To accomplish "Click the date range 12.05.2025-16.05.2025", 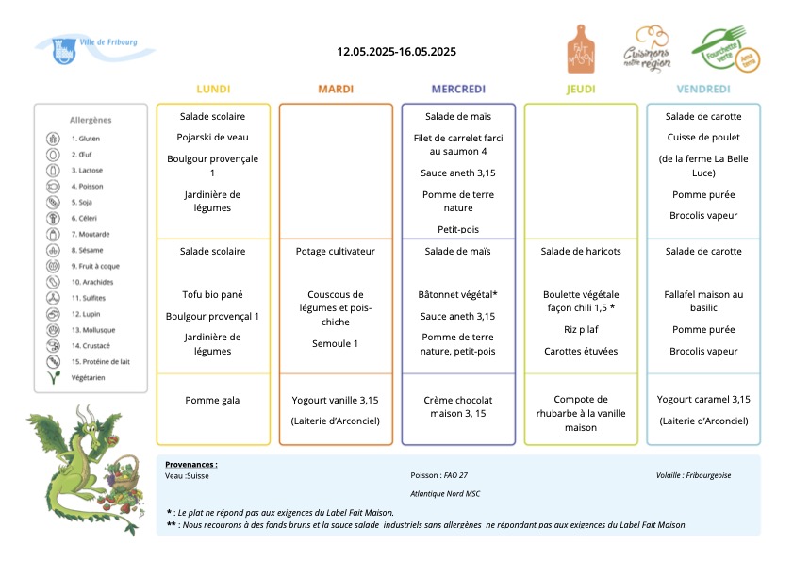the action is pyautogui.click(x=396, y=52).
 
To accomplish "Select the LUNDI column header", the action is pyautogui.click(x=213, y=89).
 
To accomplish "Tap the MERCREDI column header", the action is pyautogui.click(x=458, y=89).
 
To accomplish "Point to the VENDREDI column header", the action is pyautogui.click(x=703, y=89).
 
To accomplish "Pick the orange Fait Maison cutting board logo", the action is pyautogui.click(x=581, y=50).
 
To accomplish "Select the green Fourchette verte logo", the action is pyautogui.click(x=726, y=50).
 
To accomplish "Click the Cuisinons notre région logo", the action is pyautogui.click(x=647, y=50).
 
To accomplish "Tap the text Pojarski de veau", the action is pyautogui.click(x=212, y=137).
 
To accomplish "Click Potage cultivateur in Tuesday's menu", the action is pyautogui.click(x=336, y=252).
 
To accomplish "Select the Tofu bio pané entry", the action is pyautogui.click(x=212, y=294).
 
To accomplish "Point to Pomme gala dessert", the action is pyautogui.click(x=212, y=400).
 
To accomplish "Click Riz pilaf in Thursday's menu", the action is pyautogui.click(x=581, y=330).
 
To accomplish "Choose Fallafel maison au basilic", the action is pyautogui.click(x=703, y=301).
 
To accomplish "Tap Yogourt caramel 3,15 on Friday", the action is pyautogui.click(x=703, y=399).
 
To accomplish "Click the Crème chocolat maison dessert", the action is pyautogui.click(x=458, y=406).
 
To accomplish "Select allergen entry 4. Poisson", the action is pyautogui.click(x=87, y=186).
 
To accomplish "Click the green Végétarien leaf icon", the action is pyautogui.click(x=54, y=377).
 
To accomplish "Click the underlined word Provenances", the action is pyautogui.click(x=190, y=465).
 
